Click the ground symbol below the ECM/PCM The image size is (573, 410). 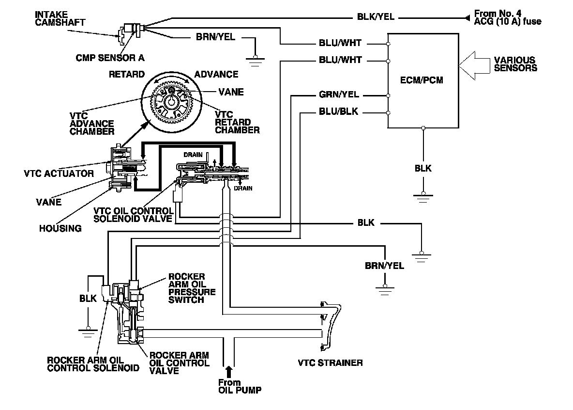tap(422, 195)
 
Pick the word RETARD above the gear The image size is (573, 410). tap(127, 74)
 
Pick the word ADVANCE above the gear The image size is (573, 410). tap(216, 74)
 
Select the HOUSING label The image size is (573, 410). tap(60, 228)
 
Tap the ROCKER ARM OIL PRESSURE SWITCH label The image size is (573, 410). tap(192, 288)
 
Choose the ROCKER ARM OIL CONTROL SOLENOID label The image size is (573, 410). tap(93, 364)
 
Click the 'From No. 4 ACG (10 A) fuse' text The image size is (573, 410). tap(507, 17)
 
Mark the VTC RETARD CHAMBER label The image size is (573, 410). tap(237, 126)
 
